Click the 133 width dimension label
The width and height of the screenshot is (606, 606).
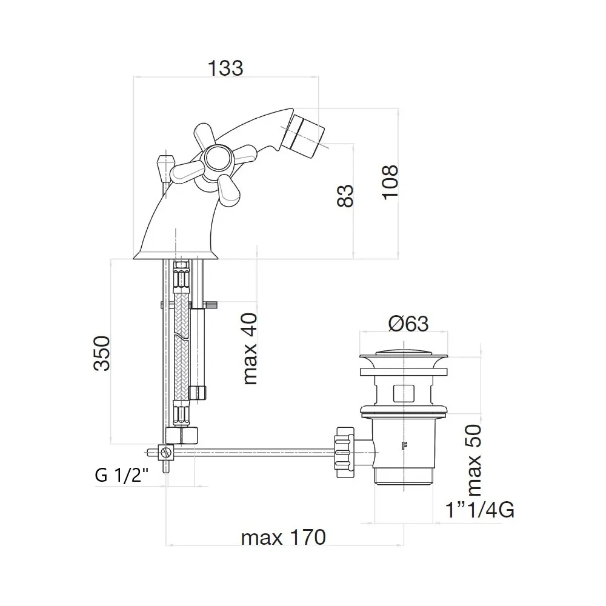pos(225,68)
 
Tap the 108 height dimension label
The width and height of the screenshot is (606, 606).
pos(390,182)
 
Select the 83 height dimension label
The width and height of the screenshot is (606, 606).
pos(345,196)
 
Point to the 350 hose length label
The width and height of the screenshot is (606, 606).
pos(102,354)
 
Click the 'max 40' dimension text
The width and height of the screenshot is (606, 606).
pos(250,349)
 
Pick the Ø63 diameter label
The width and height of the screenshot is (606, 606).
pos(408,323)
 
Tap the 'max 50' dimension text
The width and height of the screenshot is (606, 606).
pos(474,461)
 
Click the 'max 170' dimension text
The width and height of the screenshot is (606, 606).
pos(283,538)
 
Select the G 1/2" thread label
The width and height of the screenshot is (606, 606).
pos(121,475)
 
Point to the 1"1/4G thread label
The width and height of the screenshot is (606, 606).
pos(480,510)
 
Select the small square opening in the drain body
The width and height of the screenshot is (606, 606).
pos(403,393)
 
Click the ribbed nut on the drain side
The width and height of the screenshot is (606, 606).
pos(345,452)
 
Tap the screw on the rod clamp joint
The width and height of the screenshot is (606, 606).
pos(167,452)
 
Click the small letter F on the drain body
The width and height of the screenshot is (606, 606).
pos(405,445)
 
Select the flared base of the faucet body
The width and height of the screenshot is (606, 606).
pos(176,255)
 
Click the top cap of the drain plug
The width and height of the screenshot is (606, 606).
pos(404,352)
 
